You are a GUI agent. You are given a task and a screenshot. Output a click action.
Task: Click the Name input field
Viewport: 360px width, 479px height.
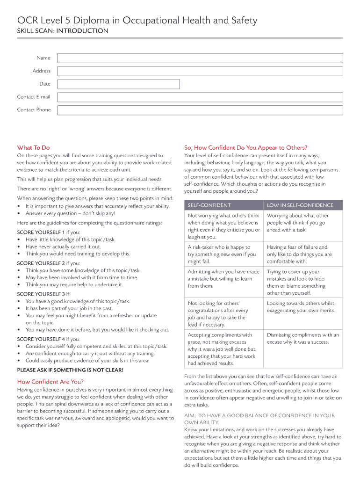pos(200,58)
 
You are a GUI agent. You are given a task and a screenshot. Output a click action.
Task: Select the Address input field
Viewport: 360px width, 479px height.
pos(200,71)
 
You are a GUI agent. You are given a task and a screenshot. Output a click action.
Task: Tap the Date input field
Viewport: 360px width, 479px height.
pos(118,84)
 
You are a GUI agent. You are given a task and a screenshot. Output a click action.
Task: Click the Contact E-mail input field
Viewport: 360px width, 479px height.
pos(200,97)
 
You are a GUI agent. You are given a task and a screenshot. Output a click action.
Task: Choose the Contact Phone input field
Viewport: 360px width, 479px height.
pos(200,110)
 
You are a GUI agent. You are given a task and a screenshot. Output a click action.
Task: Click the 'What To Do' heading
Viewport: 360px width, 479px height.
pos(33,147)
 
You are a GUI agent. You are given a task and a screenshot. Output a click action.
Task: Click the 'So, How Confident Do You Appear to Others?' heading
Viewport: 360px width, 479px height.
pos(245,147)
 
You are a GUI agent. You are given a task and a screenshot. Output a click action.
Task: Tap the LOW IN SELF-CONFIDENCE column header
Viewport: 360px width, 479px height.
pos(300,205)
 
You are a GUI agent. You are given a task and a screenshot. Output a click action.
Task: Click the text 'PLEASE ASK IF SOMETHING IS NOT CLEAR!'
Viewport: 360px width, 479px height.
pos(70,370)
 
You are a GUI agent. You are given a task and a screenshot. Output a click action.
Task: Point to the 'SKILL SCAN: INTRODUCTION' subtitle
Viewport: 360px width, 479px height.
pos(63,31)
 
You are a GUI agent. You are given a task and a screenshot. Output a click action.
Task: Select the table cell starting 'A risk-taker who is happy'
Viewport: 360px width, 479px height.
pos(223,254)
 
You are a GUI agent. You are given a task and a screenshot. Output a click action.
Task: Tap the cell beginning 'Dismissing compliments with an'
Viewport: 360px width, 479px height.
pos(303,338)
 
